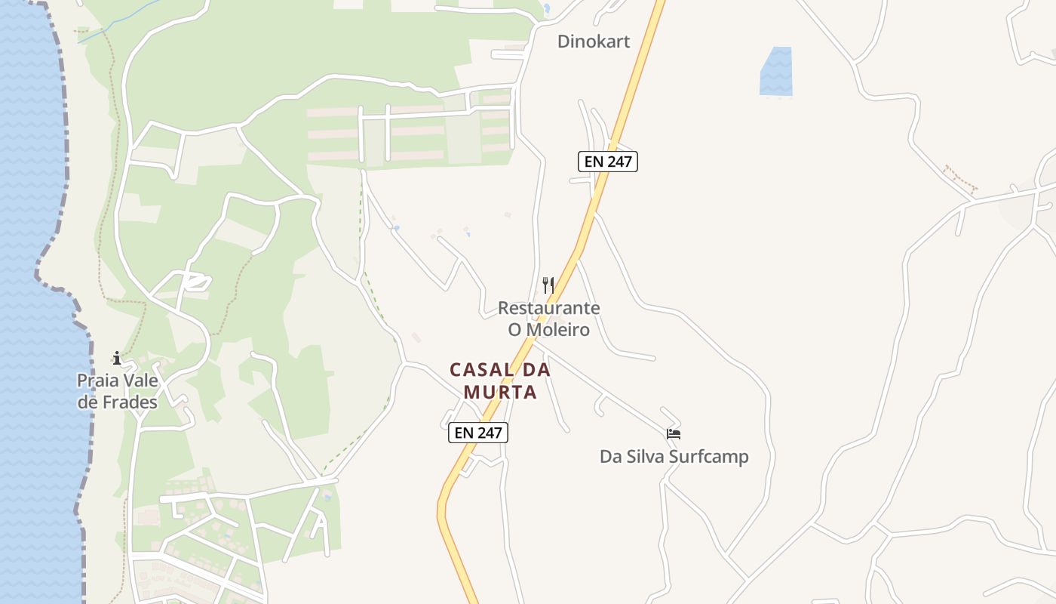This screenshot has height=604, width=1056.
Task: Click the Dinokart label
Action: pyautogui.click(x=593, y=41)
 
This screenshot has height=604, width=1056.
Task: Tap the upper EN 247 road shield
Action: pyautogui.click(x=608, y=161)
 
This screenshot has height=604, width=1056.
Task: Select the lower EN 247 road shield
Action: pyautogui.click(x=478, y=433)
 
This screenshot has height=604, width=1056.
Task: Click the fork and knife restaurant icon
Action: pyautogui.click(x=548, y=285)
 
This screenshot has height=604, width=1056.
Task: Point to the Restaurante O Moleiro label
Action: pyautogui.click(x=548, y=319)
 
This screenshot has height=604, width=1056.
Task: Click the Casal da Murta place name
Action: pyautogui.click(x=500, y=381)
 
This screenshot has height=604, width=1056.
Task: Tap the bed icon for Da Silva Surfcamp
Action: pyautogui.click(x=674, y=433)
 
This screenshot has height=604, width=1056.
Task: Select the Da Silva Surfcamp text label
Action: pyautogui.click(x=674, y=457)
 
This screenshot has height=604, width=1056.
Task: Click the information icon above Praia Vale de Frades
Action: pyautogui.click(x=117, y=358)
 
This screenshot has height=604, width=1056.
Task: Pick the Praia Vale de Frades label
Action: pyautogui.click(x=118, y=391)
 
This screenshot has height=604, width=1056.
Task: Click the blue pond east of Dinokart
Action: pyautogui.click(x=776, y=72)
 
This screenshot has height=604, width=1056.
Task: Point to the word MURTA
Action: pyautogui.click(x=500, y=393)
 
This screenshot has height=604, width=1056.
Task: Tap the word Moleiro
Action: pyautogui.click(x=557, y=330)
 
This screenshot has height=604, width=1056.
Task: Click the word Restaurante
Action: pyautogui.click(x=548, y=308)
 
